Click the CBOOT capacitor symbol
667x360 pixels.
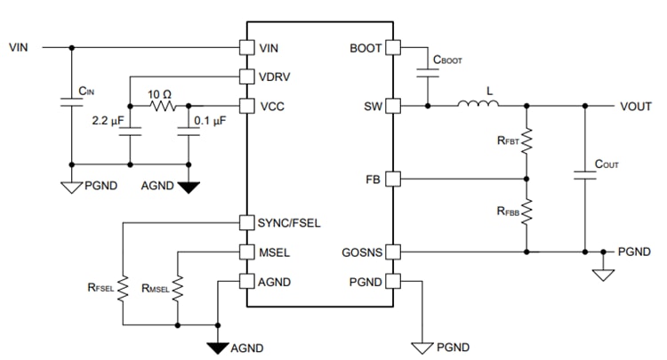pos(429,76)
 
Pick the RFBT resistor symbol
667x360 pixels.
pos(526,140)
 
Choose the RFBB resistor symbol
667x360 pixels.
pos(526,212)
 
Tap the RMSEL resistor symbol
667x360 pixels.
pos(178,287)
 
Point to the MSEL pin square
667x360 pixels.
pos(247,252)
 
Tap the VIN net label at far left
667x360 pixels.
pos(19,46)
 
